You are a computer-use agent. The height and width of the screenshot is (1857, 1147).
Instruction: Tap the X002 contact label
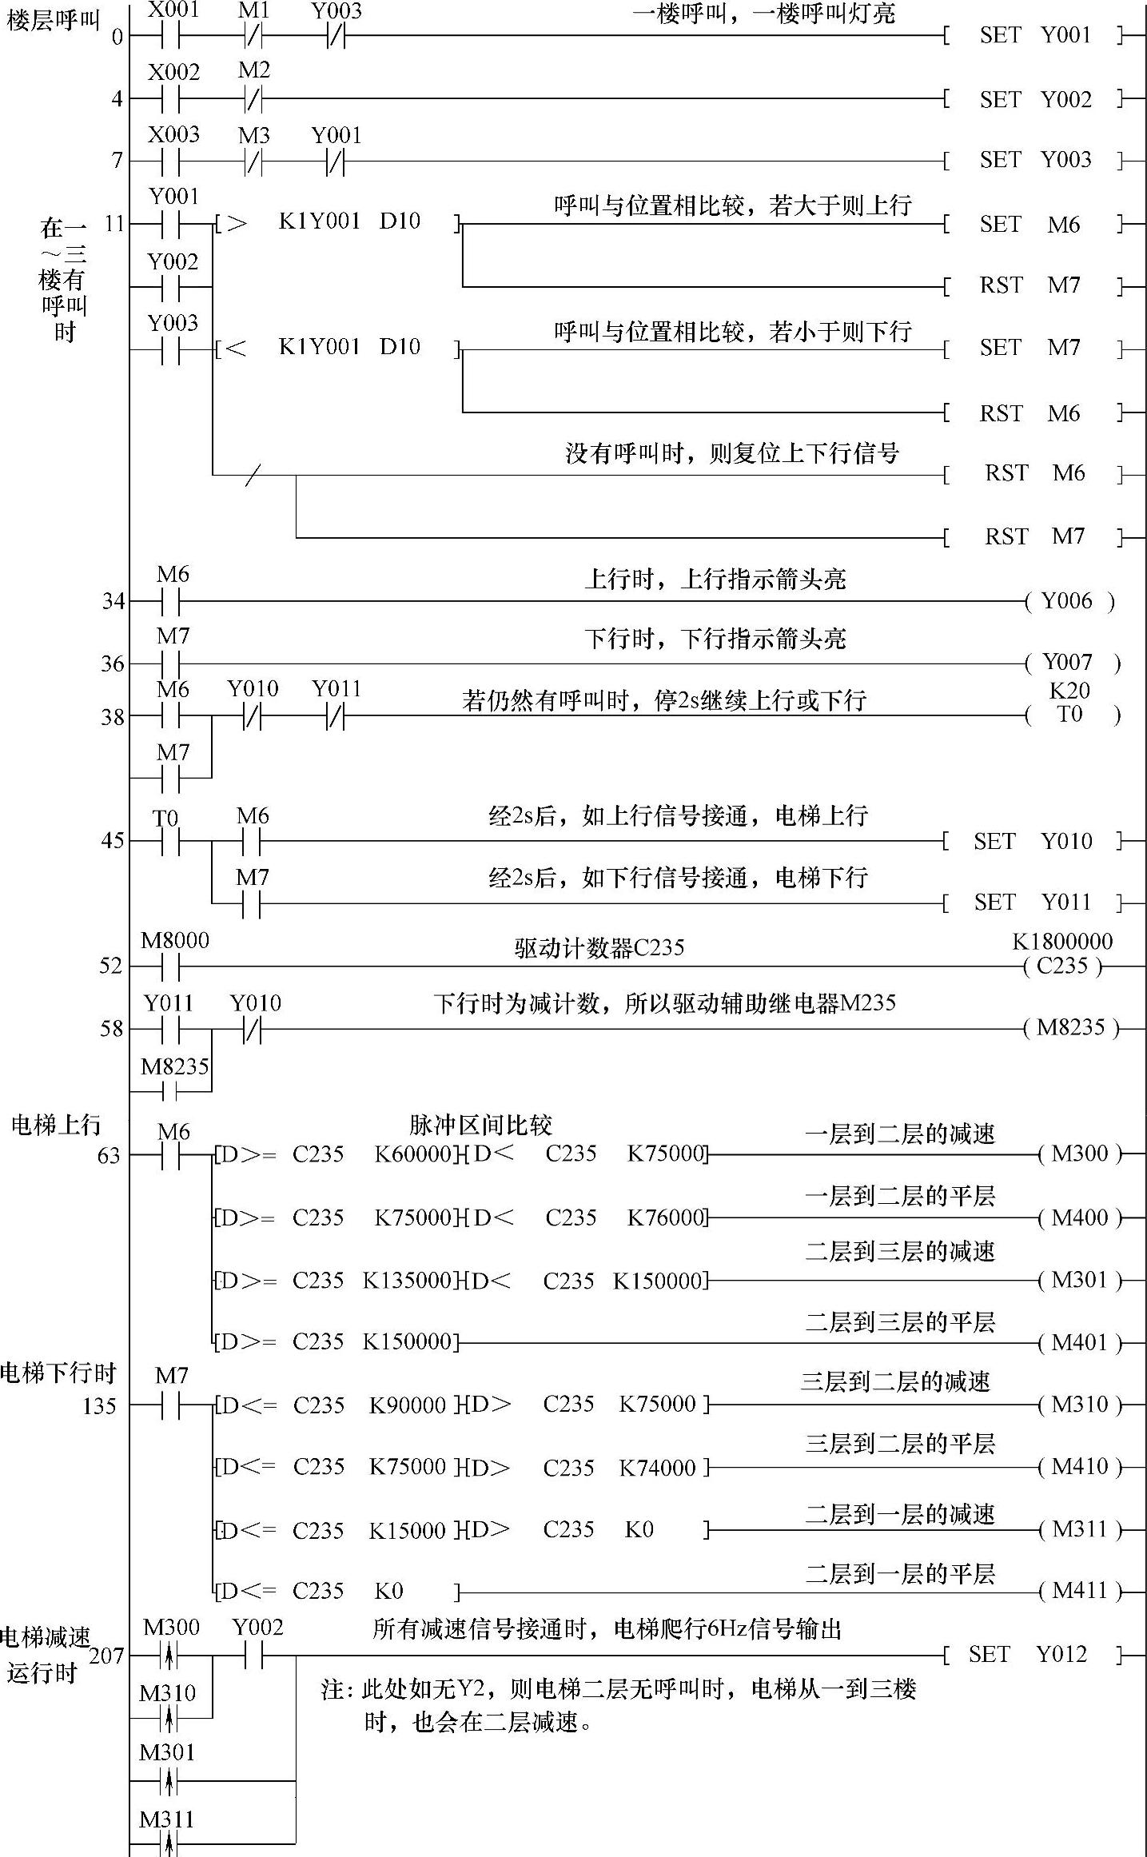[173, 72]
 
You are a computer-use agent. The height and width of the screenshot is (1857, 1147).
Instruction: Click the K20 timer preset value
[1069, 691]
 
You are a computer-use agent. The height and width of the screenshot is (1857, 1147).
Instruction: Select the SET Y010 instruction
[1033, 841]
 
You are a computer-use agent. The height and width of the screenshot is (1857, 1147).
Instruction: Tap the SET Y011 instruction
[1033, 903]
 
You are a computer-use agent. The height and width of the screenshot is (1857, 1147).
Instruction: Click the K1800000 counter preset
[1062, 942]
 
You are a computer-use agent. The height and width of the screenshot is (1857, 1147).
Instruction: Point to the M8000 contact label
[174, 941]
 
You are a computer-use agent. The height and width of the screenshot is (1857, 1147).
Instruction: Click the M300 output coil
[1080, 1154]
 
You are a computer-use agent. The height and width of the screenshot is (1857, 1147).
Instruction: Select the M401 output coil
[1080, 1343]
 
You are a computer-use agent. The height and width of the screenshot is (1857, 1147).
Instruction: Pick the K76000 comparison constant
[665, 1217]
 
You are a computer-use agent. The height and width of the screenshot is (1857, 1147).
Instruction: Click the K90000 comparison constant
[407, 1405]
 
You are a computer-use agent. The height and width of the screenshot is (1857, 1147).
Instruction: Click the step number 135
[99, 1405]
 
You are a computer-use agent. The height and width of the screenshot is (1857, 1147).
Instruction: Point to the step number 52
[111, 966]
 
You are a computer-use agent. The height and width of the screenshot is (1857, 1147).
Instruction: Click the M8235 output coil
[1071, 1027]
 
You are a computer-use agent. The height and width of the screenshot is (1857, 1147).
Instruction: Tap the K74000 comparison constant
[657, 1467]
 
